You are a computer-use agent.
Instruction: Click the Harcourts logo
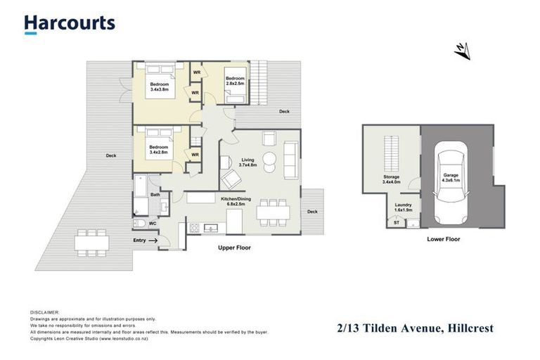[x=69, y=23]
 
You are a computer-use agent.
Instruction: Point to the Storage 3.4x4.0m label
[x=391, y=179]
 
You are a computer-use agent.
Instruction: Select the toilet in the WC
[x=141, y=224]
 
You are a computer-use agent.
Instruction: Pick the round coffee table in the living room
[x=269, y=158]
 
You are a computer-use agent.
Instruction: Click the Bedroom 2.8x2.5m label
[x=235, y=80]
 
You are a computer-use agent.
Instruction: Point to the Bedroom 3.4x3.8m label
[x=159, y=87]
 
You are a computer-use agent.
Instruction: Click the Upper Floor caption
[x=233, y=248]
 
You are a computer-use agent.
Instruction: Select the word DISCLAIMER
[x=45, y=311]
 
